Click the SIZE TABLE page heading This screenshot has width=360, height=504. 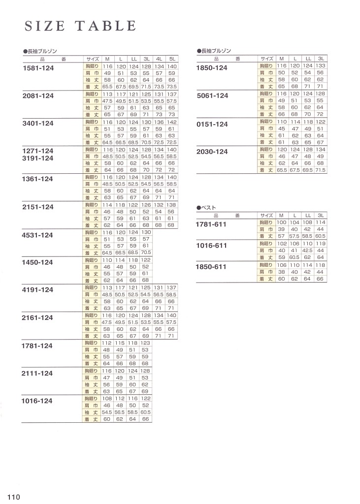80,26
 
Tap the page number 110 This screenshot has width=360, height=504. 13,497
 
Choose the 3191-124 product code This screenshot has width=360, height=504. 38,158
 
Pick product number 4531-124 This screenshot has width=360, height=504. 38,235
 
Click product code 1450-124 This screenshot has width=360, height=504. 38,262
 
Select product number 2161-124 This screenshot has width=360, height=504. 38,317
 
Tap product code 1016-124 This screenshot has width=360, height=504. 38,401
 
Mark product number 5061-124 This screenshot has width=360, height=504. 212,95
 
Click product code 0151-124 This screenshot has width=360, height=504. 212,124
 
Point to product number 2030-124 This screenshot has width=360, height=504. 212,152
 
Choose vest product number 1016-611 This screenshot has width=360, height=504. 212,246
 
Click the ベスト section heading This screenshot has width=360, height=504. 207,208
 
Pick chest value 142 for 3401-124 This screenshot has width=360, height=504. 172,121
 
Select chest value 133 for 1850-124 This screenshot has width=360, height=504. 321,65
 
